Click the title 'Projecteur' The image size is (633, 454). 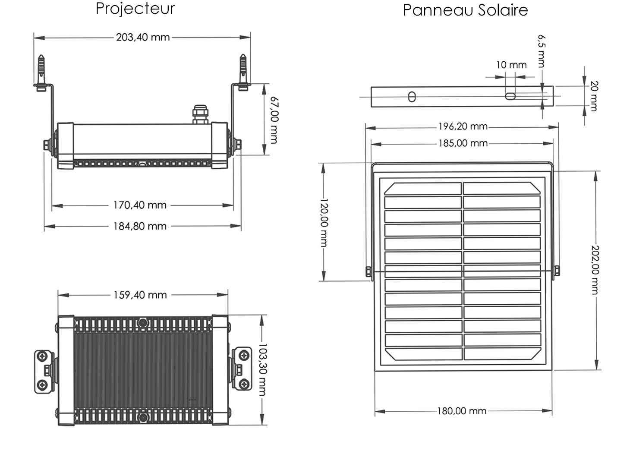click(135, 9)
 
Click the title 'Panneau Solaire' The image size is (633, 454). click(465, 10)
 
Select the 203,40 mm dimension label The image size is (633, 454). click(143, 38)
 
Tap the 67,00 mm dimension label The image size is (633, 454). click(274, 120)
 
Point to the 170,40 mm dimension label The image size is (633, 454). click(140, 205)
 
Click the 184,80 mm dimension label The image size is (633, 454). click(140, 226)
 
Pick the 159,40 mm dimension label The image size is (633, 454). click(140, 295)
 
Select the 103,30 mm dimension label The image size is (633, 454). click(262, 370)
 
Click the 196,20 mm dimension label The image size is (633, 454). click(463, 127)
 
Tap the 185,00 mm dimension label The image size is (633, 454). click(463, 143)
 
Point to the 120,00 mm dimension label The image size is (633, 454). click(324, 223)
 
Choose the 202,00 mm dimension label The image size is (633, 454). click(595, 270)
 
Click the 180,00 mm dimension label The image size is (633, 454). click(462, 411)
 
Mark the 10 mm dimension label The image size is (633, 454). click(511, 65)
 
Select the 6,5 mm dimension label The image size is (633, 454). click(542, 51)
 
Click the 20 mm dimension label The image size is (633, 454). click(594, 95)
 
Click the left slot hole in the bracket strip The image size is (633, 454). click(412, 97)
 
